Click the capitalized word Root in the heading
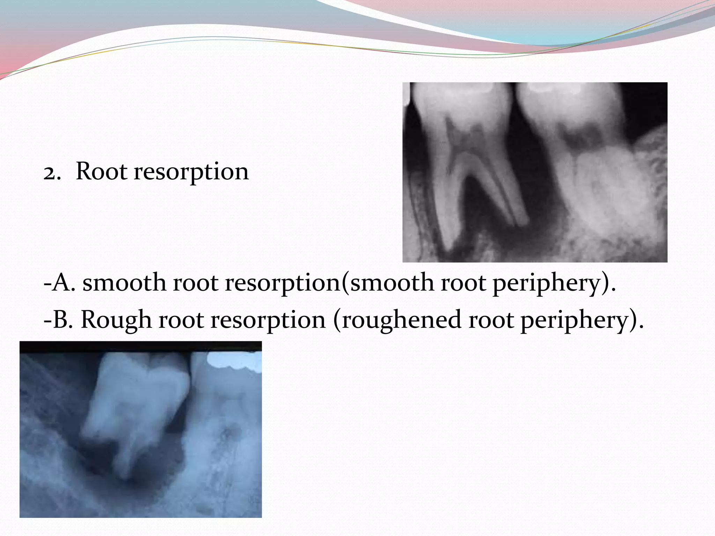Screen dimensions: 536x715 pos(101,172)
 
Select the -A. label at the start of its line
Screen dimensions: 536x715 pos(59,282)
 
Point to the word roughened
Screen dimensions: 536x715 pos(401,320)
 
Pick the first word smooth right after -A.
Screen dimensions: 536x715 pos(124,282)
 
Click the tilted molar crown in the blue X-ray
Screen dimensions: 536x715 pos(140,394)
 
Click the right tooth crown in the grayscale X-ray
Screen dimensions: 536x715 pos(573,108)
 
